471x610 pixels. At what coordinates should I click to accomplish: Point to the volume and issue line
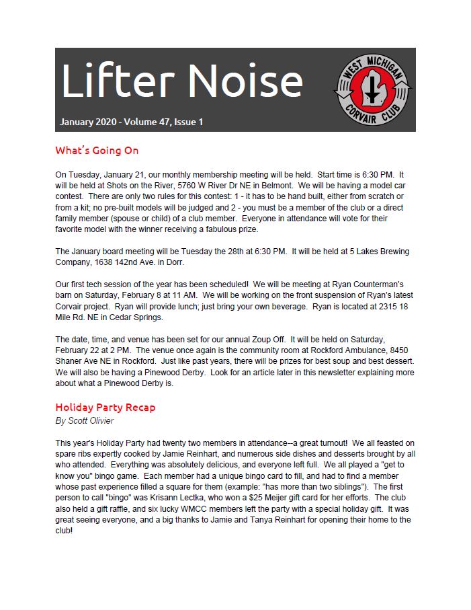(x=131, y=122)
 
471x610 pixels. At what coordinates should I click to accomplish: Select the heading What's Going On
(x=97, y=150)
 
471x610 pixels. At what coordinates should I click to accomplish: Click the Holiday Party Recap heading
(x=105, y=408)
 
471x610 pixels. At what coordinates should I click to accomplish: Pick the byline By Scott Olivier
(x=85, y=421)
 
